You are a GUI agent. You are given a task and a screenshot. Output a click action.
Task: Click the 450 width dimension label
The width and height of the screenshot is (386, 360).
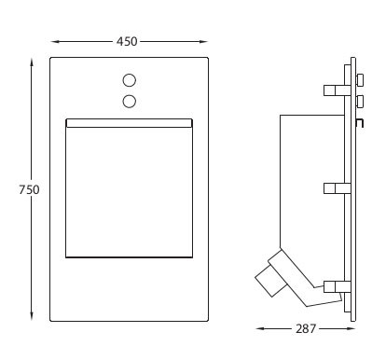click(x=127, y=41)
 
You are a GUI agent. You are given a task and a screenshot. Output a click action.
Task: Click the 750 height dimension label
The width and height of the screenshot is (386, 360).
click(x=29, y=189)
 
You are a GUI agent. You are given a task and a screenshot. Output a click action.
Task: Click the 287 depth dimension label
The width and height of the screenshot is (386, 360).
click(x=306, y=328)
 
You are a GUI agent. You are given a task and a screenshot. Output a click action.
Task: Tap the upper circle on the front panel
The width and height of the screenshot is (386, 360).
click(x=130, y=80)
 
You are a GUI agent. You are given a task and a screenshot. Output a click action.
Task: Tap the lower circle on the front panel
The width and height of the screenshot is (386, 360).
click(x=130, y=102)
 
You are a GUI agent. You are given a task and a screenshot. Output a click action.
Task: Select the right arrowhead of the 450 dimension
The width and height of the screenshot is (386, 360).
click(x=203, y=42)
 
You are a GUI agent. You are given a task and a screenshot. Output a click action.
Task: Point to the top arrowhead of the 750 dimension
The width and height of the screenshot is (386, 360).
click(x=32, y=62)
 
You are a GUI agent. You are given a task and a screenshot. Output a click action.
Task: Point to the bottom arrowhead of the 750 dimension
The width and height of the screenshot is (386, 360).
click(x=32, y=316)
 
